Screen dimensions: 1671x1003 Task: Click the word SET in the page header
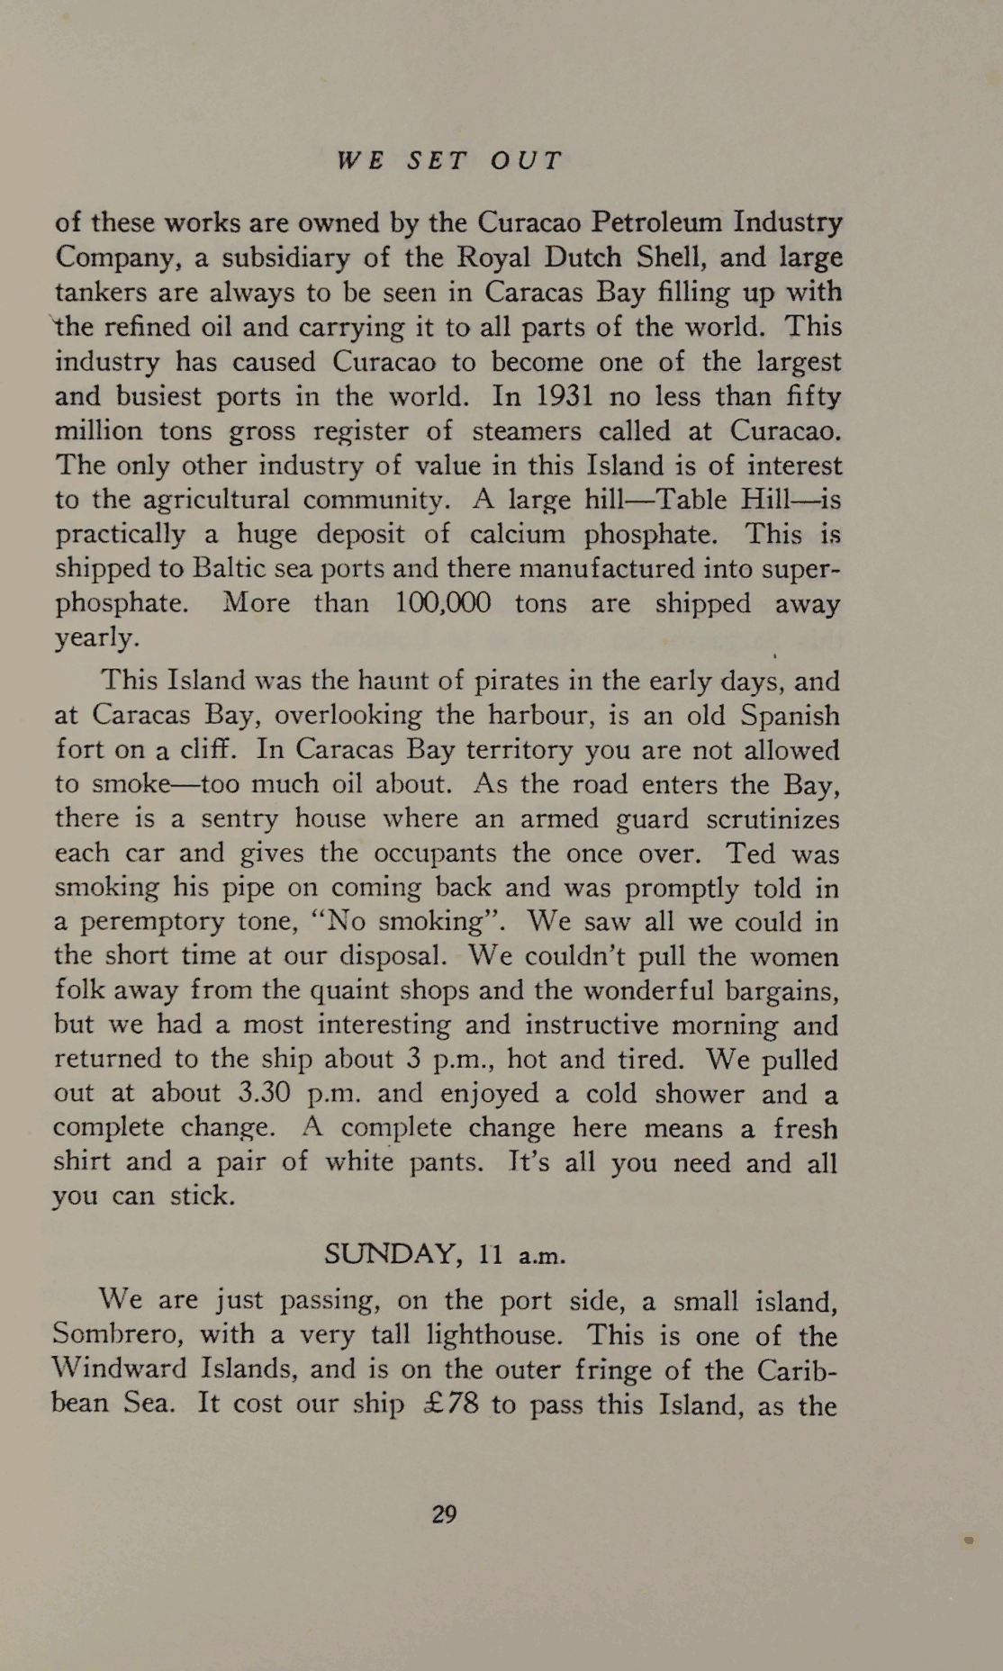click(x=438, y=161)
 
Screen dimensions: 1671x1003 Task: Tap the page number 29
click(x=445, y=1513)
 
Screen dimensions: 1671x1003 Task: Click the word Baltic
click(x=226, y=569)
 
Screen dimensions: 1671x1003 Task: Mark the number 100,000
click(x=444, y=602)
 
